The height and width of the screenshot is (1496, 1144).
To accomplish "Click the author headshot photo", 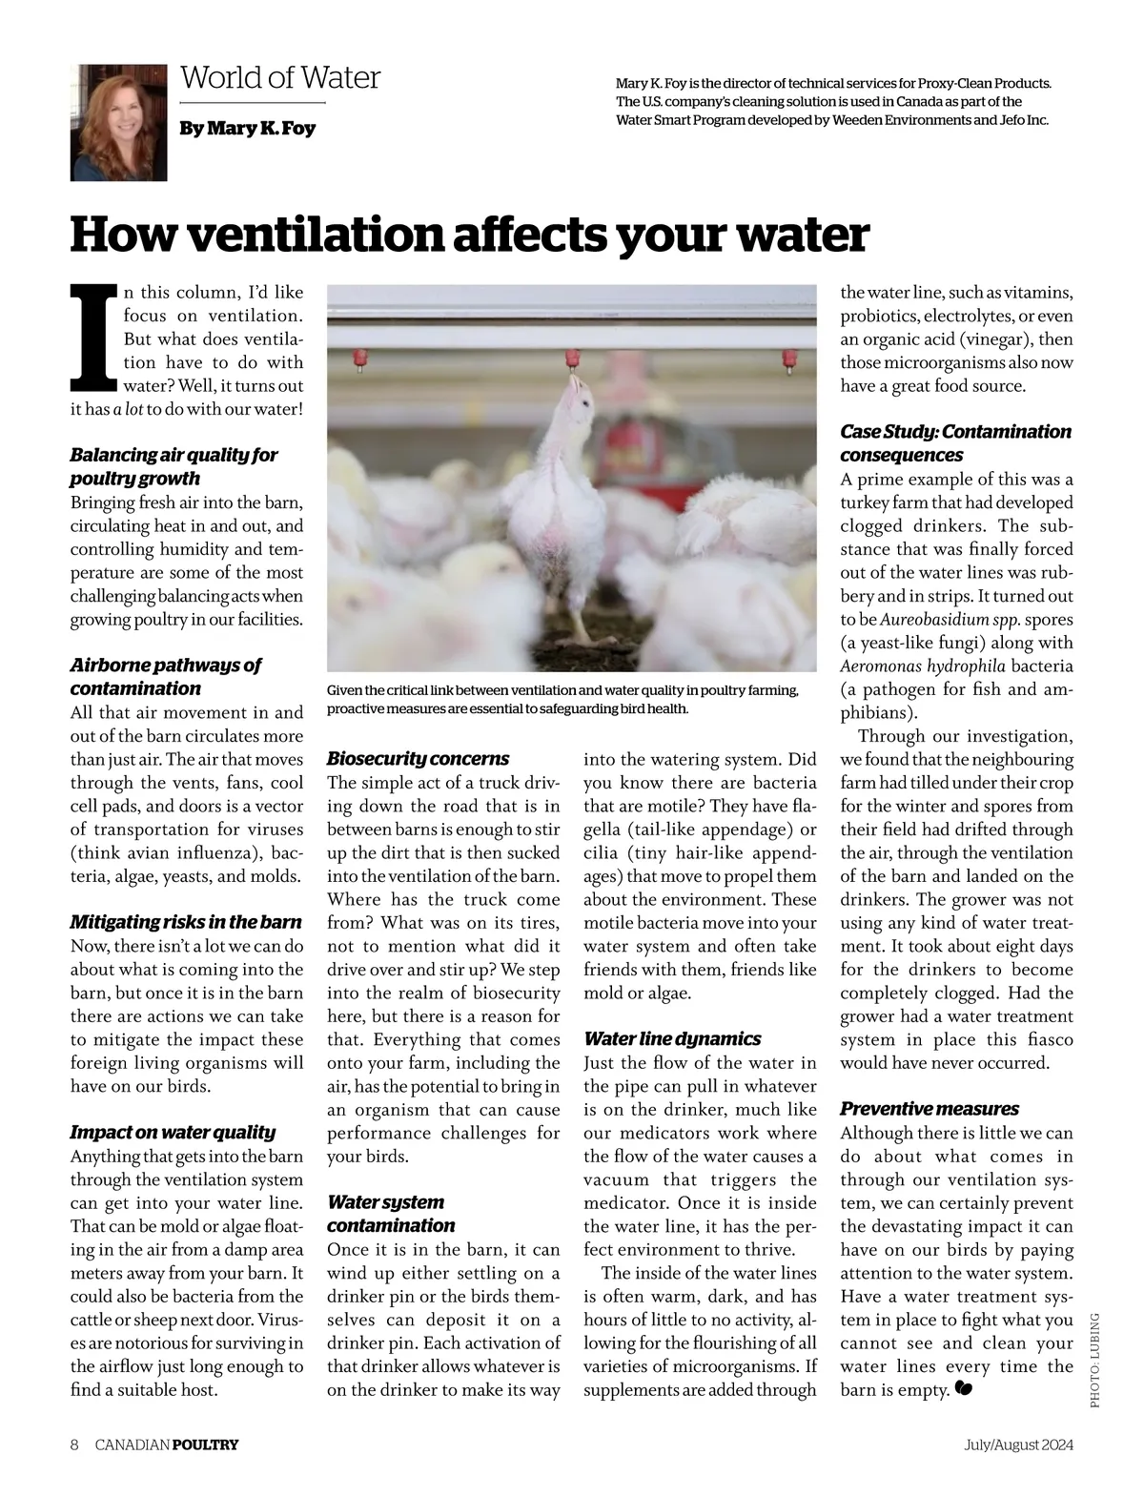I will tap(118, 123).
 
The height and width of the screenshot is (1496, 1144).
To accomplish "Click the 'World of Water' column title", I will tap(280, 77).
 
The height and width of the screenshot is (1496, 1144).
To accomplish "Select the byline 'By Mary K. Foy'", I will tap(247, 128).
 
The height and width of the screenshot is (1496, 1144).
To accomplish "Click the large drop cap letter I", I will tap(93, 338).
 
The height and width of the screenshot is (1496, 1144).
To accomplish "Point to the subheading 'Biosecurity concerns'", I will tap(418, 759).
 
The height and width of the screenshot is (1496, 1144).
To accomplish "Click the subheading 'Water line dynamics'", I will tap(672, 1038).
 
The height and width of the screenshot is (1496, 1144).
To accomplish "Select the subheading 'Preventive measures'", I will tap(929, 1109).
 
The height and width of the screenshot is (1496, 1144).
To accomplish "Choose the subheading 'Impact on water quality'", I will tap(173, 1132).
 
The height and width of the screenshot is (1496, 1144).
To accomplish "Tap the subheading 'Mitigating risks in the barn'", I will tap(186, 922).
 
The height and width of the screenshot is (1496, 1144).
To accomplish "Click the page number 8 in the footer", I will tap(74, 1445).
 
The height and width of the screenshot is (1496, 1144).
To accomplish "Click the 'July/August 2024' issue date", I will tap(1018, 1445).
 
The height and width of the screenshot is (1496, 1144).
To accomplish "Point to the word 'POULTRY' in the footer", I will tap(205, 1445).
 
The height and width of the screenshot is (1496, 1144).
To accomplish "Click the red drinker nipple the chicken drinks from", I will tap(572, 360).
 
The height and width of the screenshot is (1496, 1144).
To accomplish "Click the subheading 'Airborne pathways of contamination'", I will tap(165, 677).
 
